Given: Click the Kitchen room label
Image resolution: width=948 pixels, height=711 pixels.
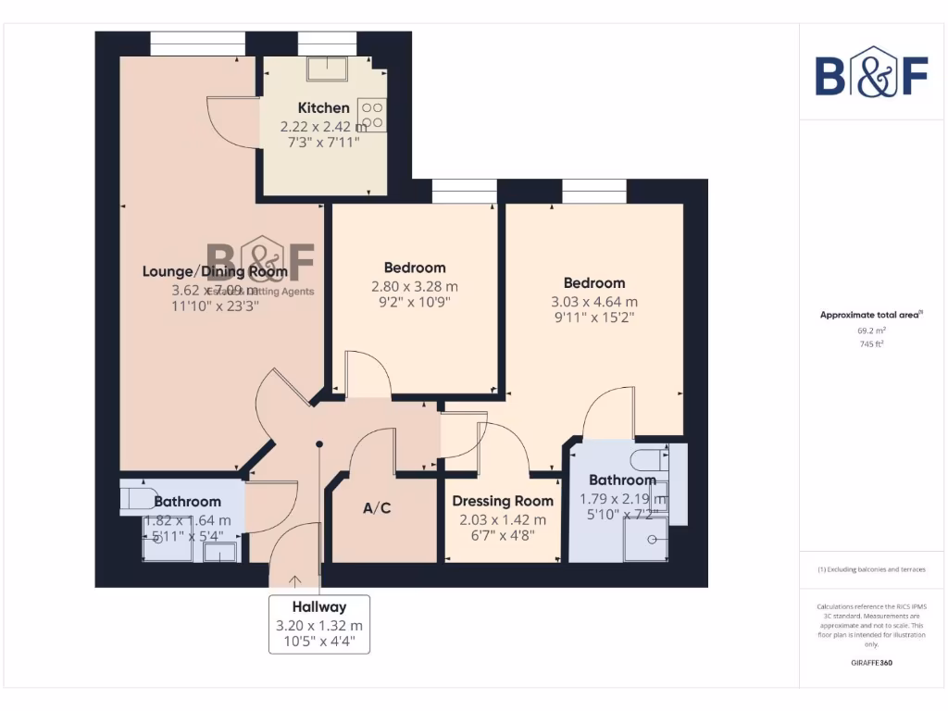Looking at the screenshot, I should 323,108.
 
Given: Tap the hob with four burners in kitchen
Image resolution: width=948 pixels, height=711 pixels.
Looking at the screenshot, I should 372,115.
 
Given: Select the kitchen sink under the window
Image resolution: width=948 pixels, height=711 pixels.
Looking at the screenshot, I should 329,69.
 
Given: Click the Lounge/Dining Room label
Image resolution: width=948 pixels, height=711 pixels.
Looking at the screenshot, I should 215,271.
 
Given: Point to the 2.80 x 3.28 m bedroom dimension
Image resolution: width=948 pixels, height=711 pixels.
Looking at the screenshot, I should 415,286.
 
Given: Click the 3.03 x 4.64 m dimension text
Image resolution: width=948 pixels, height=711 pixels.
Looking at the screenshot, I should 594,302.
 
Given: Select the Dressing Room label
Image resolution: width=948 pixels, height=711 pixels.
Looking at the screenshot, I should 503,501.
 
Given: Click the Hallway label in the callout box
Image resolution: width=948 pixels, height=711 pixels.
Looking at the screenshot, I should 319,607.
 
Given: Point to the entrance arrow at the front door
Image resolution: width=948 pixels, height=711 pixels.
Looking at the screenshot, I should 295,580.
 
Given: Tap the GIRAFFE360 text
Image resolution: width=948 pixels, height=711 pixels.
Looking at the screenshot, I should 870,663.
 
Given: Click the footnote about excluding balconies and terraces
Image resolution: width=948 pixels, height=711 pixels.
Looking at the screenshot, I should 870,569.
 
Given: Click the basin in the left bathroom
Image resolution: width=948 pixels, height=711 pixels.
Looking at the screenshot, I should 219,552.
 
